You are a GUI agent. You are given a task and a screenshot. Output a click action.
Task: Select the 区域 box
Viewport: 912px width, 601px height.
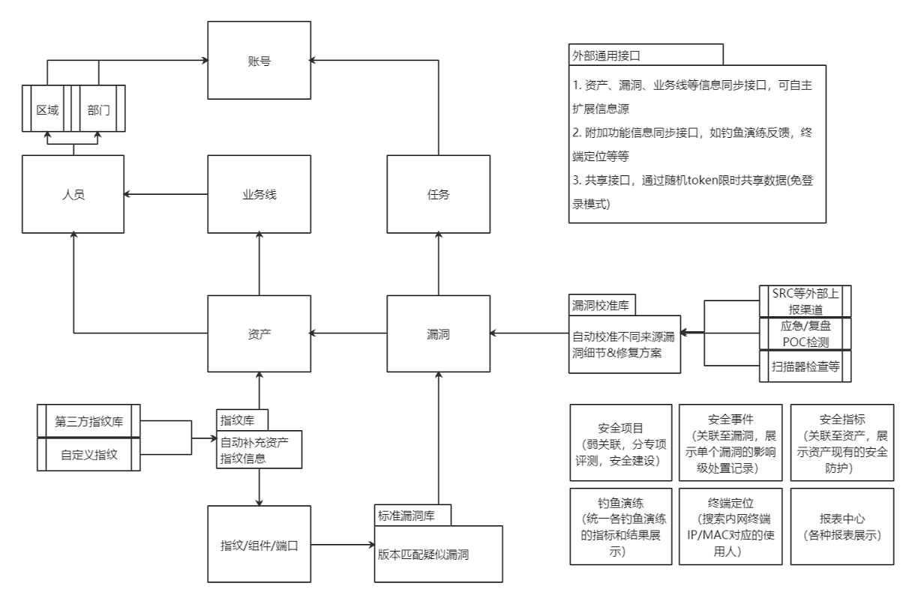(x=47, y=109)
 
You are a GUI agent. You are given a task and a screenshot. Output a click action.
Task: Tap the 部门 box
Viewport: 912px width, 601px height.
(x=98, y=109)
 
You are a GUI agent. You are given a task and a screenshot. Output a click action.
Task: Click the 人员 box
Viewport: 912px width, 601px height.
(x=73, y=194)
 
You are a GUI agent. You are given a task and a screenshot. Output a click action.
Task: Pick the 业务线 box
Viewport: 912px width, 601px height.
(x=259, y=194)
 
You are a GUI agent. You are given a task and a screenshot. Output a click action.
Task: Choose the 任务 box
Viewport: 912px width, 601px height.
(x=437, y=194)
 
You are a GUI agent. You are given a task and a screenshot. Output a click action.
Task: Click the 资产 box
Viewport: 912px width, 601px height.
(x=259, y=333)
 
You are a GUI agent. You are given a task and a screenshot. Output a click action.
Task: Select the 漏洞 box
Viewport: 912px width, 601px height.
(x=437, y=333)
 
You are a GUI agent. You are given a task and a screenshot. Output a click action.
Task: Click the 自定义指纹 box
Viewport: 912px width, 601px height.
(x=88, y=454)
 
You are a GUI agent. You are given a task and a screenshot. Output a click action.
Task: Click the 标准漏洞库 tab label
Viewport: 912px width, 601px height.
(x=413, y=516)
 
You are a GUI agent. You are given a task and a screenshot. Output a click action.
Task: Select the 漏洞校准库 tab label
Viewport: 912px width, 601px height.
(x=601, y=306)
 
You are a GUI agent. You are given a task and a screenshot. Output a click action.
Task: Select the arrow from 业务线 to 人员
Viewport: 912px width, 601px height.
(x=165, y=194)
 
